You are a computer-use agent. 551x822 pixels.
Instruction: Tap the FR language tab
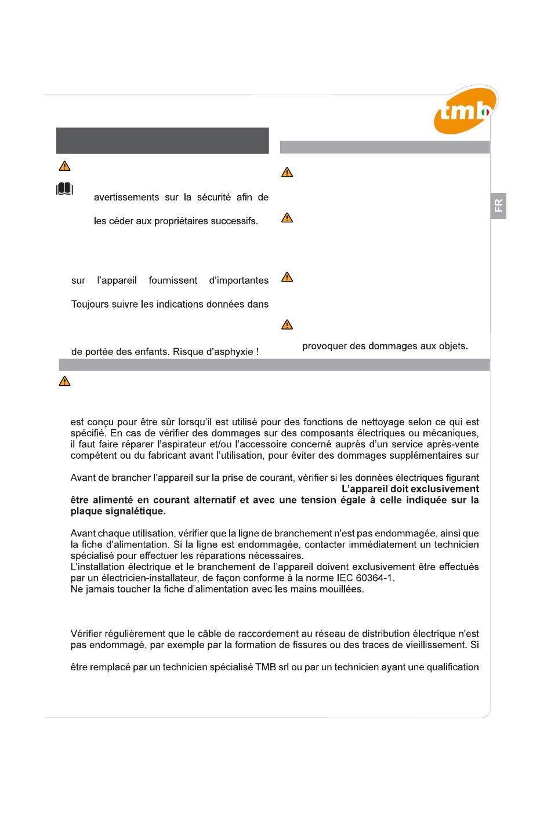(498, 206)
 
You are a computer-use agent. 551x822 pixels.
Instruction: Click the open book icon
(65, 189)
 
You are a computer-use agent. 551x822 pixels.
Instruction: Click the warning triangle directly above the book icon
(64, 166)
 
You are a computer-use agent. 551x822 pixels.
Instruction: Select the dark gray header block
(162, 141)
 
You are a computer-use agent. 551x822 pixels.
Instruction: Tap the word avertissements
(126, 198)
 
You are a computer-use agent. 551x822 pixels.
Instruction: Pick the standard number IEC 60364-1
(365, 578)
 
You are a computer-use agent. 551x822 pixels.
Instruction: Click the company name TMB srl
(272, 667)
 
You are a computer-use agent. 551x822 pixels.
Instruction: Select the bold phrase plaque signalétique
(118, 512)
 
